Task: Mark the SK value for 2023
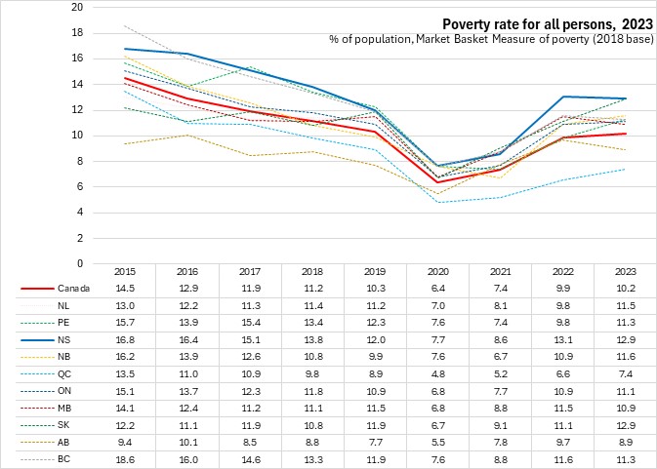[626, 424]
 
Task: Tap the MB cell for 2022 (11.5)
[571, 408]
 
